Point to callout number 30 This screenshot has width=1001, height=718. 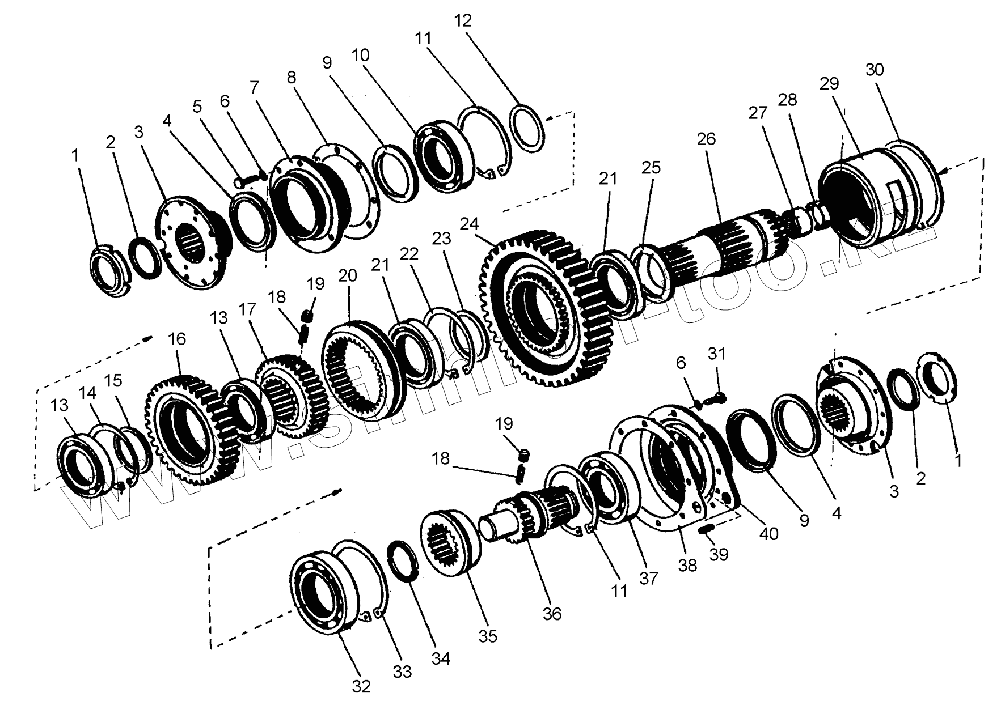(875, 70)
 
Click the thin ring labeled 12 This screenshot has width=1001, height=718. (528, 128)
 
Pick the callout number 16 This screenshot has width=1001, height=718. (177, 339)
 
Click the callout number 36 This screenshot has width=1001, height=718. (551, 613)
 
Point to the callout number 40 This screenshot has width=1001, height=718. (769, 533)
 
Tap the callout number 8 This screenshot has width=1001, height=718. (292, 77)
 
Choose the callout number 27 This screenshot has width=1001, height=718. (757, 113)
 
